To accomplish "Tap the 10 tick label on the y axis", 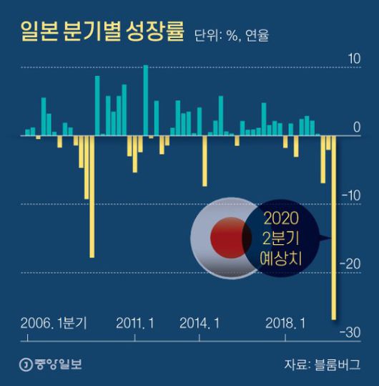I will (353, 58).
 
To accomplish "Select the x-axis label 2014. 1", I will (200, 323).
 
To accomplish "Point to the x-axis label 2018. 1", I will (285, 323).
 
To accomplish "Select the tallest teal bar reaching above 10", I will (146, 100).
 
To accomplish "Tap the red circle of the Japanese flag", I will (228, 238).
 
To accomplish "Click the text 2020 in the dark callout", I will (279, 217).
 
